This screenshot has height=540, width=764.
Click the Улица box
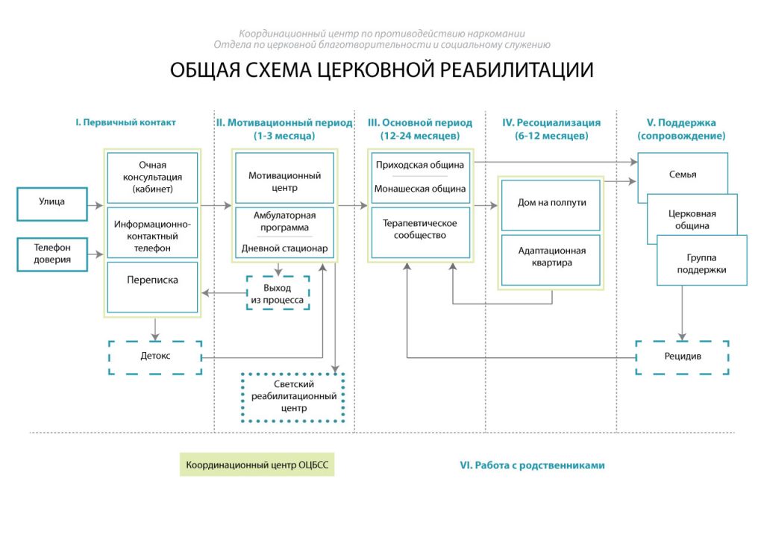(x=52, y=204)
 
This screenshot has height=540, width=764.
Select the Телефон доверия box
(x=52, y=254)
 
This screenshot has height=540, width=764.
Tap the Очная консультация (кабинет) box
(x=152, y=178)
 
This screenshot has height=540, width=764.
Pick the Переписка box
(x=152, y=287)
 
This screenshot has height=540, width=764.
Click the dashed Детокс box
(x=155, y=357)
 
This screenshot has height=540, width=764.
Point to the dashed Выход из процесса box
(x=278, y=293)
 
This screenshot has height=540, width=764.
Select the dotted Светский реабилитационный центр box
(x=294, y=397)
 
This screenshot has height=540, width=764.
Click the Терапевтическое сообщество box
(x=421, y=233)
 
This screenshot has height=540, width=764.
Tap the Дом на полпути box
(x=551, y=205)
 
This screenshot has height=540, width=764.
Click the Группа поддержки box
(x=701, y=260)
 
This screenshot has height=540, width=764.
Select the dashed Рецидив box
(x=682, y=357)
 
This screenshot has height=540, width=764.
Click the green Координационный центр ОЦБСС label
(x=257, y=465)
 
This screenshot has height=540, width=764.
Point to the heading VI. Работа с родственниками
(x=532, y=465)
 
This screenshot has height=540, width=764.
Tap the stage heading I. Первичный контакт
(x=125, y=122)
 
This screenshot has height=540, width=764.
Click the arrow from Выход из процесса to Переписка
(x=224, y=293)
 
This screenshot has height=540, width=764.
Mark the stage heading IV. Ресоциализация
(x=551, y=123)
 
